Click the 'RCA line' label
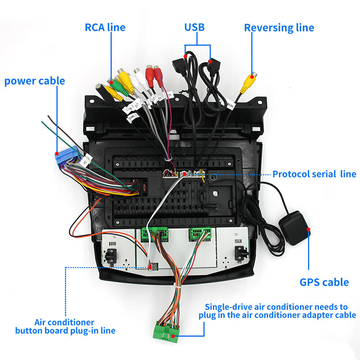click(105, 27)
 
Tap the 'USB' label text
click(194, 27)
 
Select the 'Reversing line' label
click(279, 27)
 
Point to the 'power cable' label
click(35, 81)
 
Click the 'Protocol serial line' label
click(314, 174)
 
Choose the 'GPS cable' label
click(324, 282)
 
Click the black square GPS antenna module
click(295, 229)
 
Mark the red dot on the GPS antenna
click(309, 229)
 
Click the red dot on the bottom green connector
click(172, 336)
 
